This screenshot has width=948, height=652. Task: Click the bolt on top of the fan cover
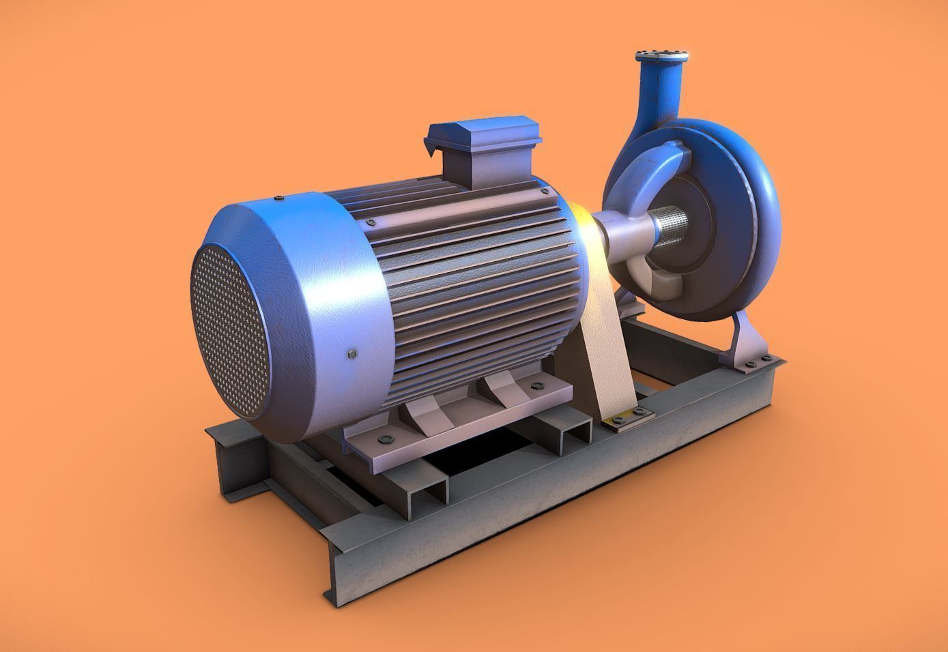(x=280, y=198)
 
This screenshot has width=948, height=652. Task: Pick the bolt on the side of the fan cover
(x=352, y=353)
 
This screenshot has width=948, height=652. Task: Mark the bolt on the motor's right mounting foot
(x=534, y=386)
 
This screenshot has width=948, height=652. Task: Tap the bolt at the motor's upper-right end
(x=543, y=192)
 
